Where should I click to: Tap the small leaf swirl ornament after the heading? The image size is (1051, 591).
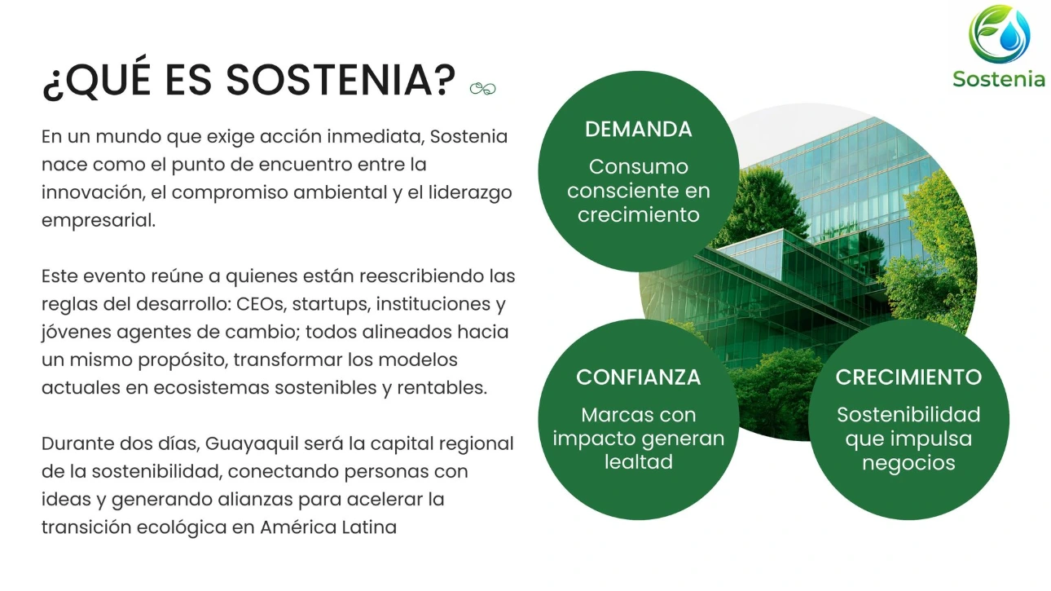[482, 88]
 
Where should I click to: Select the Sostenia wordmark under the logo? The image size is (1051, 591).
[999, 79]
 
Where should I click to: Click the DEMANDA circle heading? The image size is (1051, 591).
[638, 129]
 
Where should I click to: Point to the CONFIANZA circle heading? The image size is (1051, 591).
[638, 377]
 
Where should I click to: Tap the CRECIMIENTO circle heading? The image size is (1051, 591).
[908, 377]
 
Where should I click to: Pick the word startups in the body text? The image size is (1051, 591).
[331, 305]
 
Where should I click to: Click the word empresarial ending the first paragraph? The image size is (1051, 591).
[99, 221]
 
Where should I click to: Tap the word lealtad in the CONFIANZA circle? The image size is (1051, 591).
[638, 462]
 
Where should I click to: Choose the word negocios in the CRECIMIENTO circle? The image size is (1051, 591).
[908, 464]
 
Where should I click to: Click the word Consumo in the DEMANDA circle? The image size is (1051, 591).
[638, 166]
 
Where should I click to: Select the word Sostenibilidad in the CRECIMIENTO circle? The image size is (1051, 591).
[908, 414]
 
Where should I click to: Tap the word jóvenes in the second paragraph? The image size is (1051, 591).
[76, 333]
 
